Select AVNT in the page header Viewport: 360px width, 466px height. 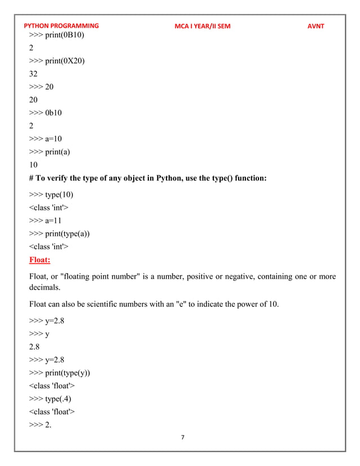pyautogui.click(x=315, y=26)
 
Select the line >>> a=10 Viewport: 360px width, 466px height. pyautogui.click(x=46, y=138)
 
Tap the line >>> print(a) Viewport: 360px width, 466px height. pyautogui.click(x=50, y=151)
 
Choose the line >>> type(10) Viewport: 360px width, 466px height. pyautogui.click(x=51, y=195)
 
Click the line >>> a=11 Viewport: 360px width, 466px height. pyautogui.click(x=45, y=221)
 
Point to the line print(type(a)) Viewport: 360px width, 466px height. pyautogui.click(x=59, y=234)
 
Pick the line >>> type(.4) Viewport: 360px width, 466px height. pyautogui.click(x=51, y=399)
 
